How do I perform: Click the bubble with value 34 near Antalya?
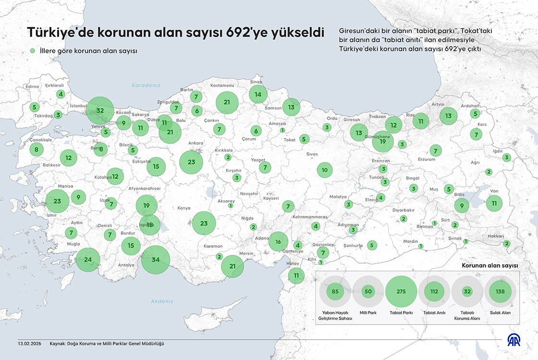point(156,260)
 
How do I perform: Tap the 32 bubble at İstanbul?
point(100,110)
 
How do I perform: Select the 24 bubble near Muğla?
point(88,260)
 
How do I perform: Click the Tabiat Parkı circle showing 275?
point(402,291)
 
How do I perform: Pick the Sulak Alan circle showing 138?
point(500,291)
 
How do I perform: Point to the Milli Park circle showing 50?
point(368,291)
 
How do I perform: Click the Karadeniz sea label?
point(146,85)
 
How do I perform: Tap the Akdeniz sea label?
point(162,301)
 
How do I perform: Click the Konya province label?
point(183,208)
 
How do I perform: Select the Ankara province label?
point(195,143)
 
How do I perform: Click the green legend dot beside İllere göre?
point(33,50)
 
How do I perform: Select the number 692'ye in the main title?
point(247,33)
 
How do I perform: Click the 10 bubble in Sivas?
point(325,170)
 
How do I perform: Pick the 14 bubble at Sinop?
point(258,95)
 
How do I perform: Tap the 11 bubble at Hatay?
point(296,276)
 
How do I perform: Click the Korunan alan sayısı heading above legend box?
point(489,265)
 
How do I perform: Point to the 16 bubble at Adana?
point(278,242)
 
